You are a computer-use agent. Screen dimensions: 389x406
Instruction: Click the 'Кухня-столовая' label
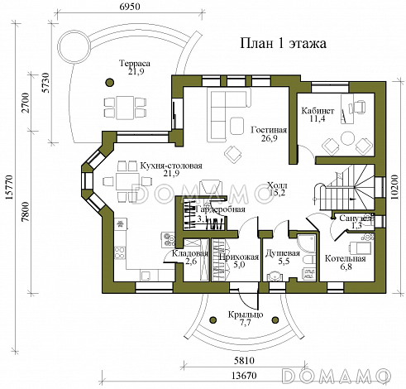(171, 164)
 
